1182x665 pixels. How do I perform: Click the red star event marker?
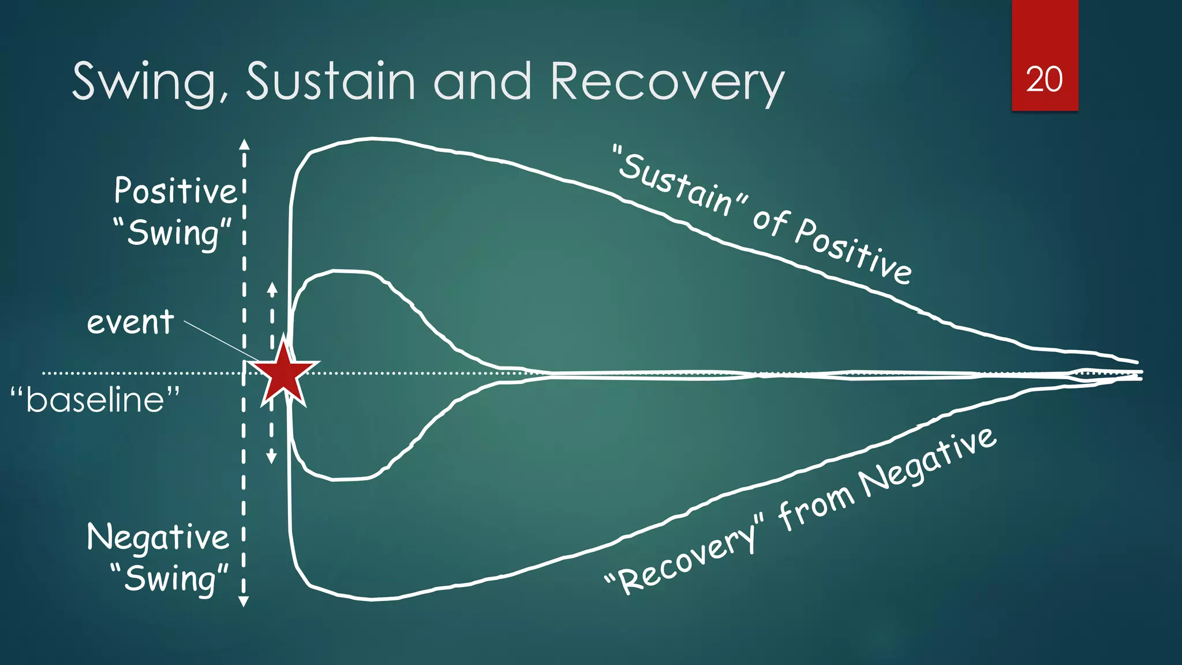click(284, 373)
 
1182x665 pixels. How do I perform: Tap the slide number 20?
click(1044, 79)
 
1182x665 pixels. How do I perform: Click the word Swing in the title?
click(144, 82)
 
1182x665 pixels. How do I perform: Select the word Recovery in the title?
click(667, 82)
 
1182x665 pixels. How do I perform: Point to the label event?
click(130, 322)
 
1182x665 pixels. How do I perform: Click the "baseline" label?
click(96, 399)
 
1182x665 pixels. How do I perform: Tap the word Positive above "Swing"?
click(175, 190)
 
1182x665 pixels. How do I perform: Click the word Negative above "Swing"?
click(158, 537)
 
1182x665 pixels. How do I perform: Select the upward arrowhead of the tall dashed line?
click(244, 144)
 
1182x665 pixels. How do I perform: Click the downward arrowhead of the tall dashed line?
click(244, 602)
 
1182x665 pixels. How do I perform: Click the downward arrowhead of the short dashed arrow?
click(271, 458)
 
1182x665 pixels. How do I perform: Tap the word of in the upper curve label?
click(770, 221)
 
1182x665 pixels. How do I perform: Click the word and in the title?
click(482, 82)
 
